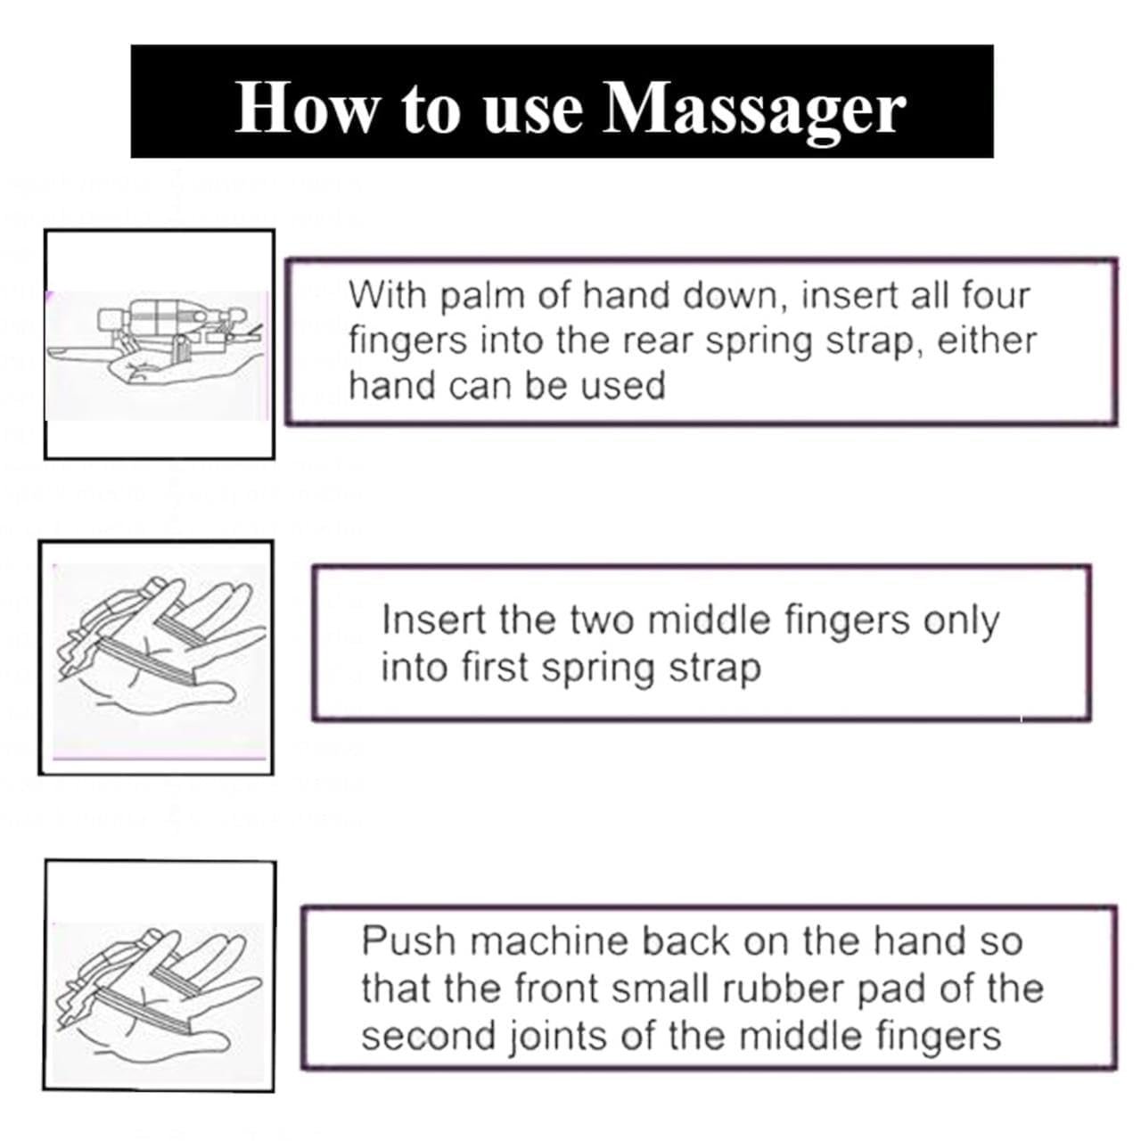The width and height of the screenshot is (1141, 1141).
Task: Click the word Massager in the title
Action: [754, 109]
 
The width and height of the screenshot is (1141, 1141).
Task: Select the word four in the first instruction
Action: [996, 294]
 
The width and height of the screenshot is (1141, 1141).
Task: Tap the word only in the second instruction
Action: [960, 621]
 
